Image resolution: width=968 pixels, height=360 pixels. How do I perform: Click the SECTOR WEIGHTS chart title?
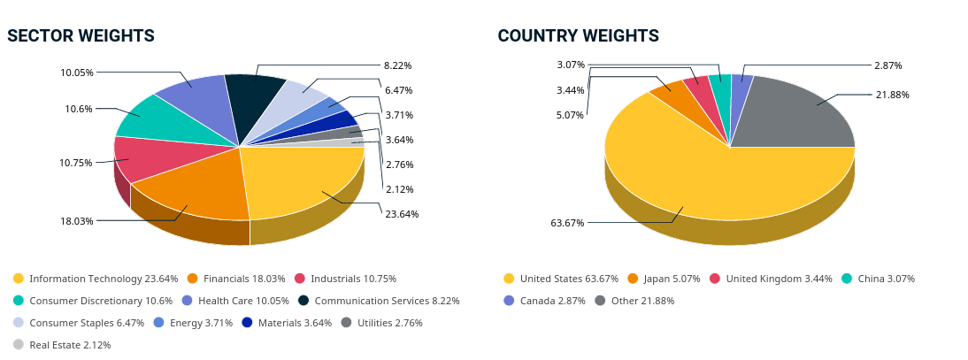tap(81, 35)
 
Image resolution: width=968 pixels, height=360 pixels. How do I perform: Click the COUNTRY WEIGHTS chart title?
tap(578, 35)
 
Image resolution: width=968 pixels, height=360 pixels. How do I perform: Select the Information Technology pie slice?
tap(301, 181)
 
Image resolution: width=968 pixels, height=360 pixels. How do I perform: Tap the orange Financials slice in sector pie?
tap(195, 186)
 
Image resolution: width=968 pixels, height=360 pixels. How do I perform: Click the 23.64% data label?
tap(401, 214)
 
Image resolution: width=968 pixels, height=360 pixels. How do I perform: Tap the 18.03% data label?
tap(76, 221)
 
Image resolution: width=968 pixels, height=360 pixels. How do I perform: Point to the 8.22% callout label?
tap(397, 65)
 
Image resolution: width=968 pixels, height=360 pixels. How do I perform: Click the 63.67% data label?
tap(567, 223)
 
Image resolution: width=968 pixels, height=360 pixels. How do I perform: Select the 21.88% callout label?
tap(892, 95)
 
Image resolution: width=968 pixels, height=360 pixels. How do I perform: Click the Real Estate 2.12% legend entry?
tap(62, 345)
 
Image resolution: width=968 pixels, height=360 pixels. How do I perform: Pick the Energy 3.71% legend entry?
tap(193, 323)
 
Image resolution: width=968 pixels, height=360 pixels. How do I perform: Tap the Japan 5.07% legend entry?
tap(663, 279)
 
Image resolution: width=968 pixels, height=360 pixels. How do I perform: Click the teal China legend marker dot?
tap(847, 279)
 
